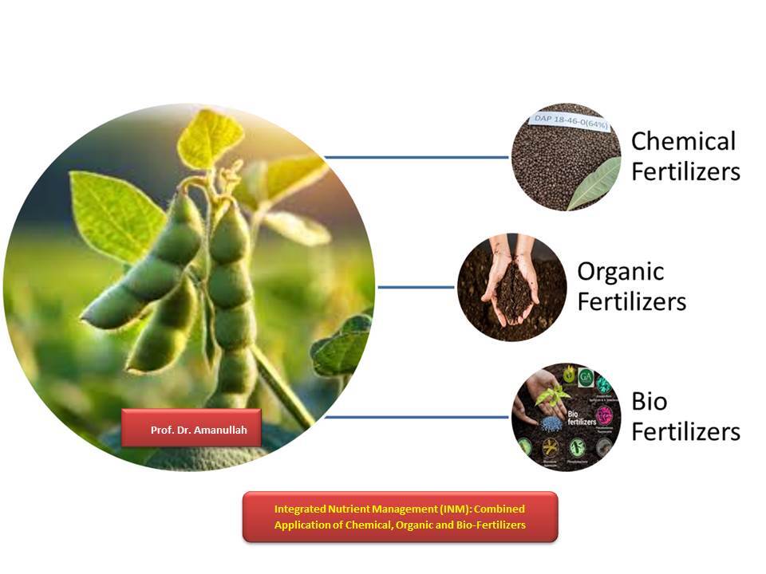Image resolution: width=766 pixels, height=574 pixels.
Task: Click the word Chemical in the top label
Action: click(683, 142)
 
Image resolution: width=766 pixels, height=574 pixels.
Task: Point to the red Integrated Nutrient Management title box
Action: click(400, 517)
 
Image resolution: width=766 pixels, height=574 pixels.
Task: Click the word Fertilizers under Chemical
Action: click(685, 172)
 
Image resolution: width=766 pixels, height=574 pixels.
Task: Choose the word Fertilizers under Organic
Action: click(631, 302)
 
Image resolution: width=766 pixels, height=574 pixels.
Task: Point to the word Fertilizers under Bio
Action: click(685, 431)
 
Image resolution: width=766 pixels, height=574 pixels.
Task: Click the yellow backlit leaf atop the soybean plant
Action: click(209, 137)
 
